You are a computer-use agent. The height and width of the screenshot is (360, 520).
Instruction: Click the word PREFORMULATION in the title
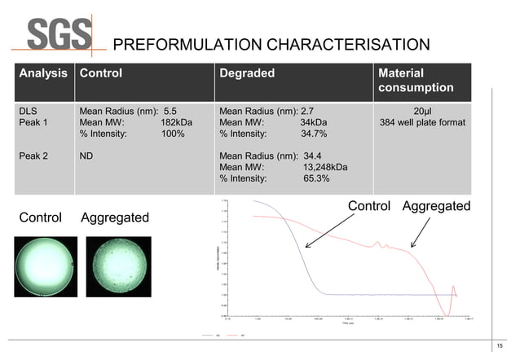169,44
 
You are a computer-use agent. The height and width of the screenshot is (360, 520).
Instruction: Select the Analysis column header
44,73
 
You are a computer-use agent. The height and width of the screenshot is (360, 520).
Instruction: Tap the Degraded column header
247,73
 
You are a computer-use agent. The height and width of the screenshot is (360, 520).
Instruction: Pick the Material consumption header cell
416,80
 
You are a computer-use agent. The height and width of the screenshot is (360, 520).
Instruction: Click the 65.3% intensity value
316,178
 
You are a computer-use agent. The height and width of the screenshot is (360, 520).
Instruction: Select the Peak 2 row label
33,156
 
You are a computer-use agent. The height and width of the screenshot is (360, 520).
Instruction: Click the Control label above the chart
369,206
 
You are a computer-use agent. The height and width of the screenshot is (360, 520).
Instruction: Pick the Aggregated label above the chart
436,206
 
